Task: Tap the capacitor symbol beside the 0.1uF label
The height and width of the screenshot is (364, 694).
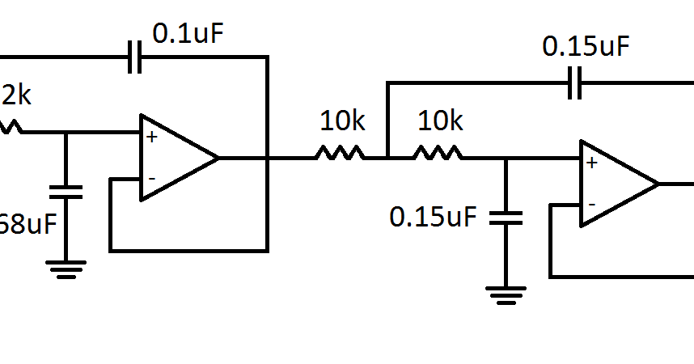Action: point(135,57)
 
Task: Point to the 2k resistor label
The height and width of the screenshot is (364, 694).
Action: point(16,96)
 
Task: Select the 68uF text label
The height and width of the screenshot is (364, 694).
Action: point(28,223)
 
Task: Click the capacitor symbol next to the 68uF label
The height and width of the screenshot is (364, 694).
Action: point(66,192)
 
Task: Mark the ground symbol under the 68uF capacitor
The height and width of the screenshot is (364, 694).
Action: point(66,269)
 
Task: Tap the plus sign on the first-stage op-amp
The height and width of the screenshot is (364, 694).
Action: point(151,137)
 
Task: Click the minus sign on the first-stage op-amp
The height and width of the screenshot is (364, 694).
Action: point(151,177)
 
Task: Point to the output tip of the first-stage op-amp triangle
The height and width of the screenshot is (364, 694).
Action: point(218,158)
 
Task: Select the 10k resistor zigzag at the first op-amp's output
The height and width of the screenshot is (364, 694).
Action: point(341,153)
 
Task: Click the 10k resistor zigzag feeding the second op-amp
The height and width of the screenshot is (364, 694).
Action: point(438,153)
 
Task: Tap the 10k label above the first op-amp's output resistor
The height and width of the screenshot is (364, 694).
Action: point(343,121)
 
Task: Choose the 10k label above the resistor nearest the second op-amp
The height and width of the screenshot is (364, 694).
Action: point(440,121)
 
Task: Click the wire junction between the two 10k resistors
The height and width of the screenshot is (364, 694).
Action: point(388,158)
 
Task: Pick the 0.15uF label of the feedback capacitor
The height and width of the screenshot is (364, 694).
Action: point(585,46)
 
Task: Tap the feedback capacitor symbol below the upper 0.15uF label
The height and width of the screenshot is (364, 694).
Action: point(575,83)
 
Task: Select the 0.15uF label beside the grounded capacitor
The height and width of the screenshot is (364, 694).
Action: point(433,217)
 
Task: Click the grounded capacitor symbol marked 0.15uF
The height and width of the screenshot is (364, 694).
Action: point(506,217)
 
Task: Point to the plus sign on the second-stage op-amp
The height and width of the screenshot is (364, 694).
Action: point(591,163)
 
